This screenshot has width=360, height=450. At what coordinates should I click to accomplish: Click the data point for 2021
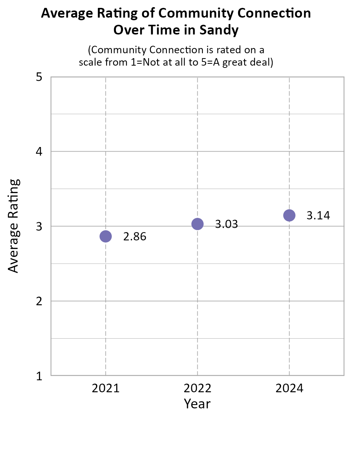pyautogui.click(x=106, y=236)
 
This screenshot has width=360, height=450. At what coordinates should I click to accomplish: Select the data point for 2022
pyautogui.click(x=197, y=224)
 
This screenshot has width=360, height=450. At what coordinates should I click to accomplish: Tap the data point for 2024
pyautogui.click(x=289, y=215)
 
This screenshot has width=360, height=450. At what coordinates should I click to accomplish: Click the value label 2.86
pyautogui.click(x=135, y=237)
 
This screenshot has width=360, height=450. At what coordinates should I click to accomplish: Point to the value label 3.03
pyautogui.click(x=226, y=225)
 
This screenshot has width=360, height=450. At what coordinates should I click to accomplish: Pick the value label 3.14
pyautogui.click(x=318, y=216)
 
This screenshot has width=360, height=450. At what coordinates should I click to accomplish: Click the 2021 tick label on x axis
pyautogui.click(x=106, y=388)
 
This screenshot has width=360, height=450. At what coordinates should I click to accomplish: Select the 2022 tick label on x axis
pyautogui.click(x=197, y=388)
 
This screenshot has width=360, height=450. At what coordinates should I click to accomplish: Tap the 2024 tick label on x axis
pyautogui.click(x=289, y=388)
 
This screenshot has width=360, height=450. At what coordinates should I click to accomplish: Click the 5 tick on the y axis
pyautogui.click(x=39, y=77)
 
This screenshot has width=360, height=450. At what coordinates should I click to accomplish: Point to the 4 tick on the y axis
pyautogui.click(x=39, y=152)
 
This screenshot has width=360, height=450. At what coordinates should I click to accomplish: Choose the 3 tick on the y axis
pyautogui.click(x=39, y=226)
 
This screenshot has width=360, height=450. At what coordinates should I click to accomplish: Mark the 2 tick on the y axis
pyautogui.click(x=39, y=301)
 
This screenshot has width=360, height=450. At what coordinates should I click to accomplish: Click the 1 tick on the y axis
pyautogui.click(x=39, y=376)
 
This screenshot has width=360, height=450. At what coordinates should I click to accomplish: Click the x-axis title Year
pyautogui.click(x=197, y=404)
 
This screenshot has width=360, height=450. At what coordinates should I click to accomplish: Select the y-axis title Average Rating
pyautogui.click(x=13, y=226)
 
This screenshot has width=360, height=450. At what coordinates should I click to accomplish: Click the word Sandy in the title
pyautogui.click(x=221, y=30)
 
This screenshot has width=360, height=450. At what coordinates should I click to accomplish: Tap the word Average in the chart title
pyautogui.click(x=64, y=13)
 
